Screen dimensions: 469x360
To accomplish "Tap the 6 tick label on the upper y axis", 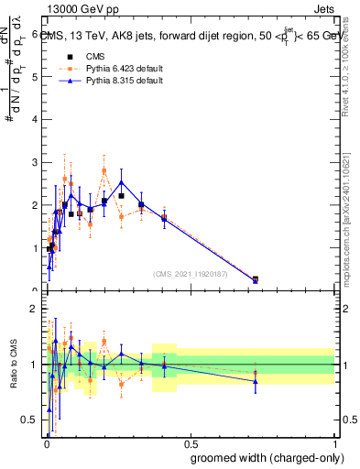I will point(35,34).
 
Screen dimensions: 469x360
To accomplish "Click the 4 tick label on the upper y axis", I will point(35,120).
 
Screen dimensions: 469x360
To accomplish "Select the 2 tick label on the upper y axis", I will point(35,206).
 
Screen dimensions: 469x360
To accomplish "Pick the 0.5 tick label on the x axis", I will point(190,444).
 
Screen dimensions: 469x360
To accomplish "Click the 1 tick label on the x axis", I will point(334,444).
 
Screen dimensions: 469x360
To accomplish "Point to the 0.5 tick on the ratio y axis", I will point(31,420).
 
